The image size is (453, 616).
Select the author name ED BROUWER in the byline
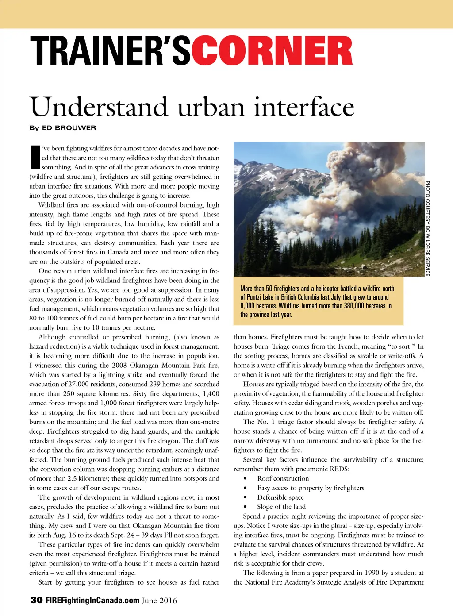(69, 128)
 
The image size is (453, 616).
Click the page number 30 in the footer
(36, 600)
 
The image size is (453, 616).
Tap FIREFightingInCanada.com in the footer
(92, 600)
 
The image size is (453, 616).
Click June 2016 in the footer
(159, 601)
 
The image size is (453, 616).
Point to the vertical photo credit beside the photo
(428, 228)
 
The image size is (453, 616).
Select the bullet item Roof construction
(283, 478)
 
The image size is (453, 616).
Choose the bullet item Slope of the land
(281, 507)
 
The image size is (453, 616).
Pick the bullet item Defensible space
(280, 497)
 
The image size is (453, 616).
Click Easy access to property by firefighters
(311, 488)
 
